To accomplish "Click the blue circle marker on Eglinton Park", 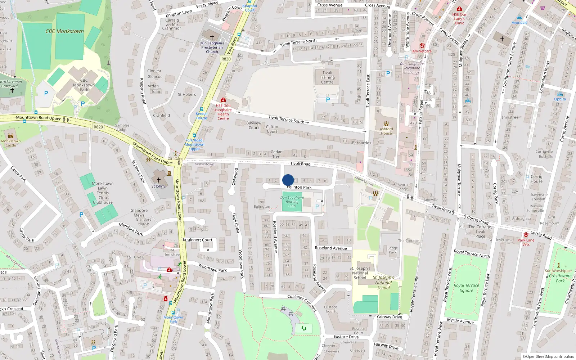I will point(288,180).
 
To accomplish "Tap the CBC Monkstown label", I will point(64,31).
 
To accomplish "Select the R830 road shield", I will point(226,59).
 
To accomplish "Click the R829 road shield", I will point(98,127).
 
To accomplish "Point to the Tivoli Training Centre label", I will point(327,77).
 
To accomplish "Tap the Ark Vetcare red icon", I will point(422,46).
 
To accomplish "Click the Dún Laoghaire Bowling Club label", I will point(292,202).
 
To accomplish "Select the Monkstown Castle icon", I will point(11,136).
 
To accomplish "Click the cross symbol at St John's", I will point(158,180).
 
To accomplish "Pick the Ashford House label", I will point(386,131).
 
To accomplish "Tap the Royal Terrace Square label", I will point(466,288).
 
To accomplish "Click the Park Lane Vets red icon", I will point(526,235).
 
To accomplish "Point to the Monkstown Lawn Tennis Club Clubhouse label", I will point(103,193).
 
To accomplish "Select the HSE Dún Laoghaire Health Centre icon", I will point(223,100).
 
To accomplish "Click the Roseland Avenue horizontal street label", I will point(331,248).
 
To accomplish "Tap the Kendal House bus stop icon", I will point(202,109).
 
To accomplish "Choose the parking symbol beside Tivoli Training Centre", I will point(328,100).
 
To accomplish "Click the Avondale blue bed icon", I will point(519,18).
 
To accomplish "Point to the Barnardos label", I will point(361,143).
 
